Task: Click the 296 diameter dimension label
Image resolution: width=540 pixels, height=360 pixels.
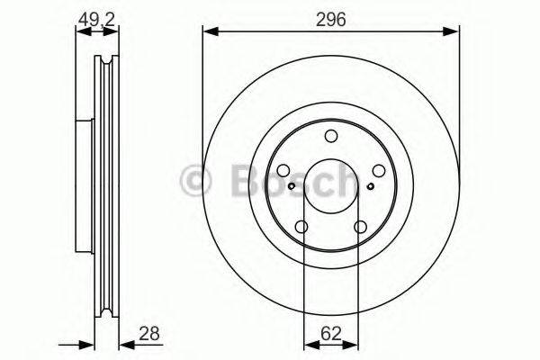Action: click(330, 15)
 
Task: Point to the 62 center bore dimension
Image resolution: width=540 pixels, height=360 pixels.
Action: click(330, 334)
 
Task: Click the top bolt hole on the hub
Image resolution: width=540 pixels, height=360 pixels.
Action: click(330, 136)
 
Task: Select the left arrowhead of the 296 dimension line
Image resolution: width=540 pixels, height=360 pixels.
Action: click(209, 31)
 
